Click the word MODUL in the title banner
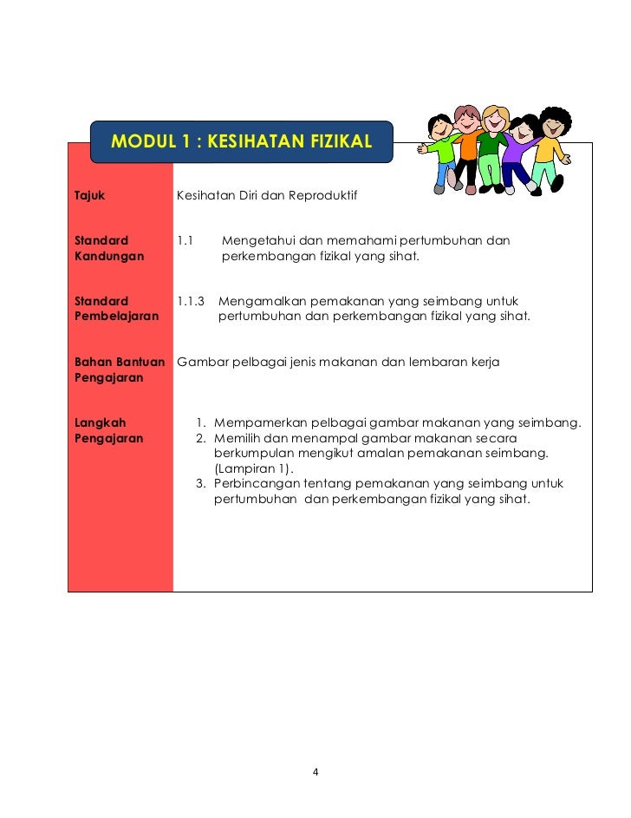141,141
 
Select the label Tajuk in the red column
90,195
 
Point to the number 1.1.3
191,301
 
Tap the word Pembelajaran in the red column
116,317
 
